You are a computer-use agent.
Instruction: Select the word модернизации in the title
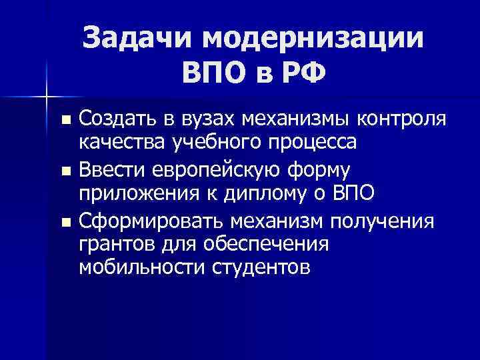312,37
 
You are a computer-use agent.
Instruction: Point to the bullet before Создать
65,121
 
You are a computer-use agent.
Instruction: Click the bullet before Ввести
65,171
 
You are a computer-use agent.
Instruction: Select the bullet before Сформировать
65,221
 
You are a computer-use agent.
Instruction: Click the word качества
121,143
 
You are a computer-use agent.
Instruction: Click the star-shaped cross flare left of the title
47,96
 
